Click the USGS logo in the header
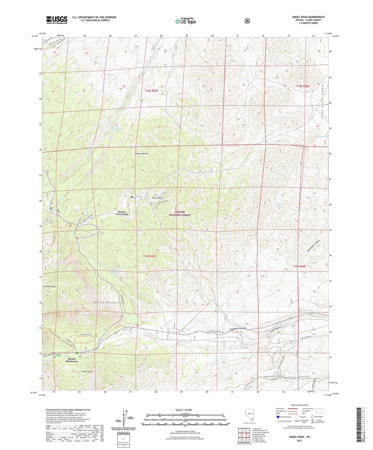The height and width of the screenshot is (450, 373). (x=57, y=20)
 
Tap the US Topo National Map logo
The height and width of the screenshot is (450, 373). (x=185, y=21)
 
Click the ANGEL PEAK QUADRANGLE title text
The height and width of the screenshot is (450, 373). (x=308, y=17)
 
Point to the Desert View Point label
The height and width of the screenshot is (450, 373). (x=122, y=213)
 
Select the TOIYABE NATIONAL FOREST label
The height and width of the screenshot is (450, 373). (x=180, y=213)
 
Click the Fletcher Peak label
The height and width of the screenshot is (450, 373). (x=50, y=286)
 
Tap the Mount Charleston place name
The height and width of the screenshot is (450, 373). (x=72, y=360)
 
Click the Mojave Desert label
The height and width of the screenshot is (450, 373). (x=142, y=154)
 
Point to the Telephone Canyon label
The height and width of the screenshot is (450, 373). (x=238, y=329)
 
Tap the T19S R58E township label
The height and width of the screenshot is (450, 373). (x=299, y=266)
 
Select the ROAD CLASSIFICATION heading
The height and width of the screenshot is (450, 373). (x=299, y=405)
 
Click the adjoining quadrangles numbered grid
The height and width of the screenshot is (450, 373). (x=244, y=436)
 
